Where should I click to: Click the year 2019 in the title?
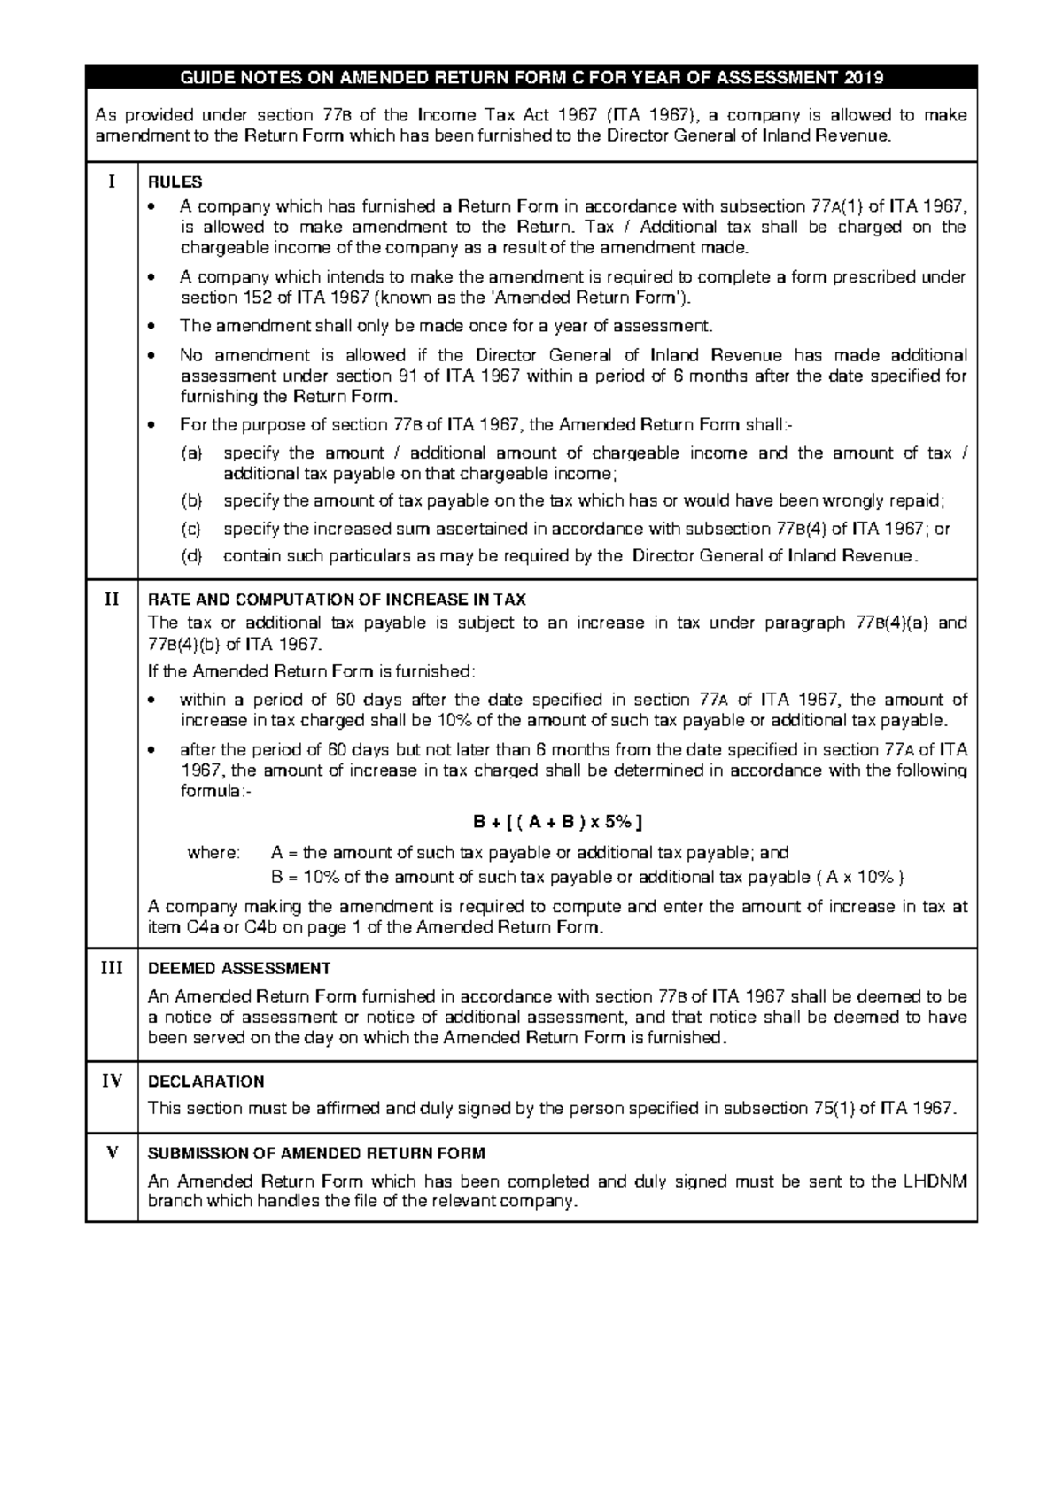[x=864, y=77]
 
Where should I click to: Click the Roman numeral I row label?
[x=112, y=182]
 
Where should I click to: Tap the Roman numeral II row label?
[x=112, y=599]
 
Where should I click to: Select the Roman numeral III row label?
[x=112, y=967]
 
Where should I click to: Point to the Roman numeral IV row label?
[x=112, y=1080]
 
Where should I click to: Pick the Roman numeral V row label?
[x=112, y=1152]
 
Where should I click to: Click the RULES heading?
[x=175, y=182]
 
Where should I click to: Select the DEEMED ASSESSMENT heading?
[x=239, y=968]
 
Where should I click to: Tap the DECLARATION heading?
[x=206, y=1081]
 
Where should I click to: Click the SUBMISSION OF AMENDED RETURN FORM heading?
[x=316, y=1153]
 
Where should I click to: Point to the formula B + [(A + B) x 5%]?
[x=558, y=822]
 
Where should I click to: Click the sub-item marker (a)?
[x=191, y=453]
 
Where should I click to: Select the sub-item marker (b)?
[x=191, y=501]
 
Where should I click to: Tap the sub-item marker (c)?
[x=191, y=530]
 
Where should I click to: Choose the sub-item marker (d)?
[x=191, y=557]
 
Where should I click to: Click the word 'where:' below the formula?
[x=213, y=853]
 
